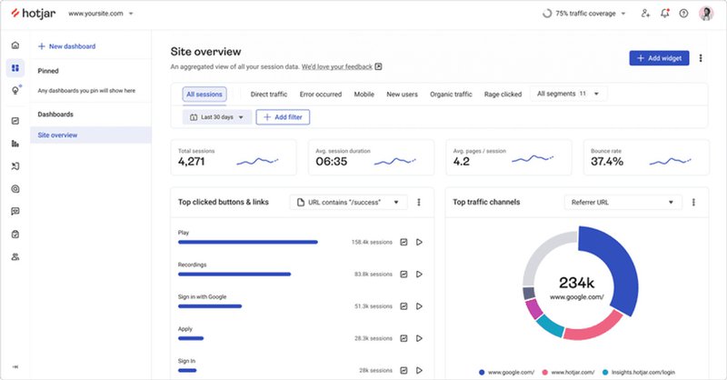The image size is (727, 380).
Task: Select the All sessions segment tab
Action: (x=204, y=94)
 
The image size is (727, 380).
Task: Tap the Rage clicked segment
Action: (x=503, y=94)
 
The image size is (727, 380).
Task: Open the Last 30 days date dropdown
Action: (x=215, y=117)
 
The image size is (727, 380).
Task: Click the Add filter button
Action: (x=282, y=117)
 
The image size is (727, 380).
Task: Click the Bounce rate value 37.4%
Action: (x=607, y=162)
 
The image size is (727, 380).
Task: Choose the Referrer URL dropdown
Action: (x=622, y=202)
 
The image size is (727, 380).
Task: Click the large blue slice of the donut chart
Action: (x=609, y=268)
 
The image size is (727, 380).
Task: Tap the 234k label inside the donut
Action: (x=576, y=282)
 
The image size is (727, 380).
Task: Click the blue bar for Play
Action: (x=247, y=243)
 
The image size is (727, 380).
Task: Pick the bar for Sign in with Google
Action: (x=210, y=306)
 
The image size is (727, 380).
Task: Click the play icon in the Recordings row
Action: (x=419, y=274)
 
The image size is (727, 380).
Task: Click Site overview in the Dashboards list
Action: (x=58, y=135)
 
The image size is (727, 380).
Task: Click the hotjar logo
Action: (x=35, y=14)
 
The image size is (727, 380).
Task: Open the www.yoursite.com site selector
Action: (x=101, y=15)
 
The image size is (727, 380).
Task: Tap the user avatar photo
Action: (x=706, y=14)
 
